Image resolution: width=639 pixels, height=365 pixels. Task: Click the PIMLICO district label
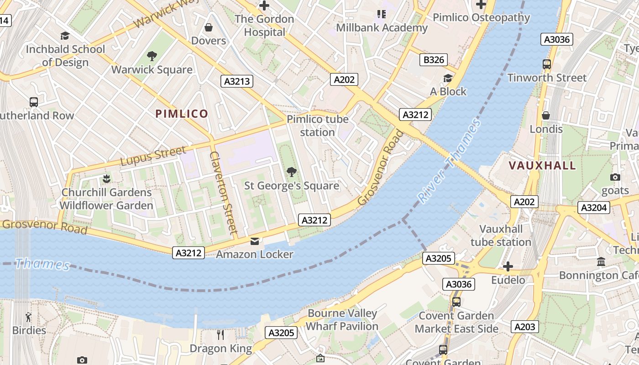point(182,114)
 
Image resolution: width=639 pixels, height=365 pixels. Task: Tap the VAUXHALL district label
point(542,165)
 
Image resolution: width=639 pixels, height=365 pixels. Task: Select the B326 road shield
point(433,60)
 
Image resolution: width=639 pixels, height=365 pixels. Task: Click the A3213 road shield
point(237,82)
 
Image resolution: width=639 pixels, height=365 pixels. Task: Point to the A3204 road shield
point(594,208)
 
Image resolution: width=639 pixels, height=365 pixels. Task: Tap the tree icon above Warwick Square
point(152,56)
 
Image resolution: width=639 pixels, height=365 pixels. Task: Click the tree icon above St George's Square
point(291,172)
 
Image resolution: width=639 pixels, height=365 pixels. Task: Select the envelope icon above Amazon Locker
point(254,241)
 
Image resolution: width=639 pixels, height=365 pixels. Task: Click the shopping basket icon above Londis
point(545,115)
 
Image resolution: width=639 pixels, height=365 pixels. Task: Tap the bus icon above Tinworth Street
point(546,64)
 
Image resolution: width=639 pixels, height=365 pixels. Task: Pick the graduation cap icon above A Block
point(448,78)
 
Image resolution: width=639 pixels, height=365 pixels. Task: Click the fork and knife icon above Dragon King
point(220,335)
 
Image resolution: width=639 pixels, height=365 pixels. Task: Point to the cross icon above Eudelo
point(508,266)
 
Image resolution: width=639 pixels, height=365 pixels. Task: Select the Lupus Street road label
point(153,156)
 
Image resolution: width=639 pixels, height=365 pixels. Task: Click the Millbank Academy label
point(382,28)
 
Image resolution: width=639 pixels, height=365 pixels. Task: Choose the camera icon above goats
point(615,177)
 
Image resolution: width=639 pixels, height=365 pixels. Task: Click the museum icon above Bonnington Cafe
point(601,262)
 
